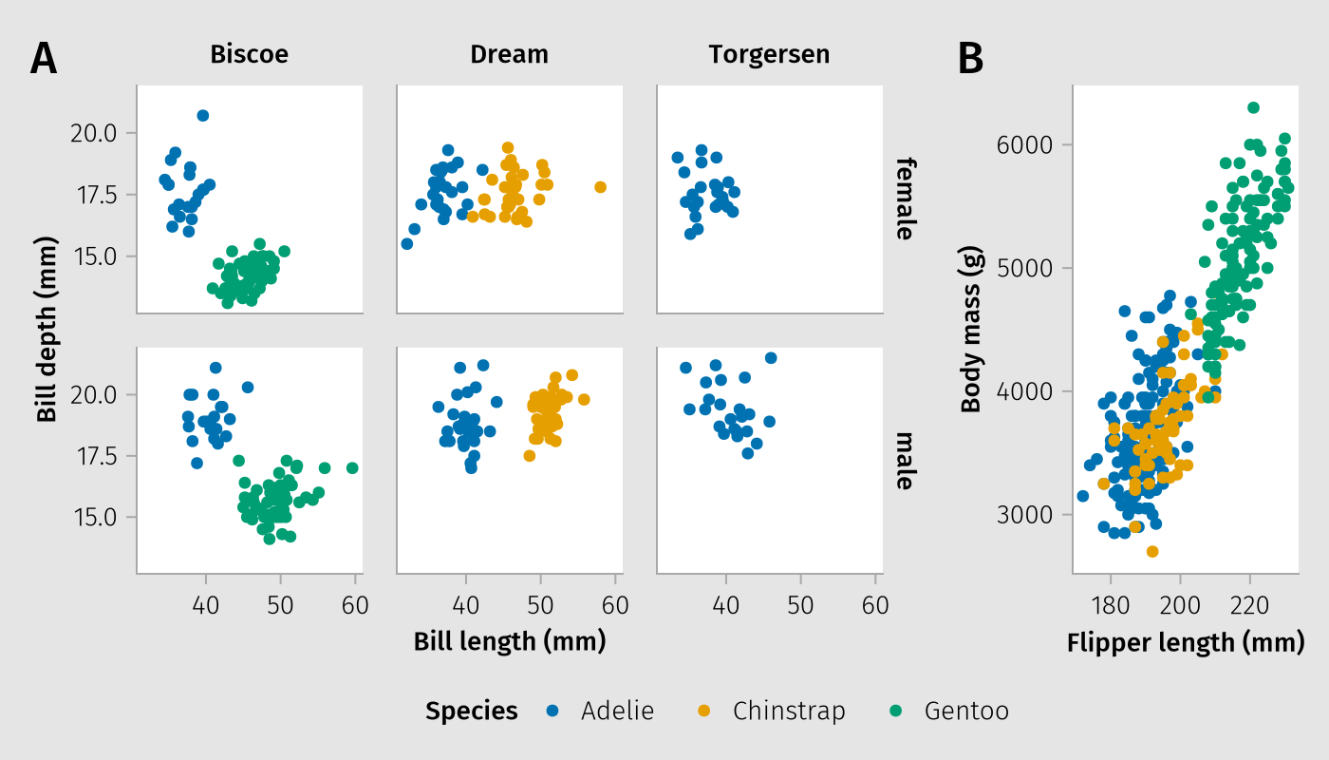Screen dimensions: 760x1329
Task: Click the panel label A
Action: pos(44,59)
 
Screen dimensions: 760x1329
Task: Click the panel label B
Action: pos(970,59)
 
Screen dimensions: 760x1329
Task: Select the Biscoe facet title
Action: pos(249,55)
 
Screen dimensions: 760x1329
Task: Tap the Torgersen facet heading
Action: pos(769,55)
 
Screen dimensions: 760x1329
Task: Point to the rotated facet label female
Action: pos(905,199)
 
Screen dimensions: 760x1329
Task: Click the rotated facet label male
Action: pos(905,461)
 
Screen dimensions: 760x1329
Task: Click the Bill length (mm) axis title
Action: pos(510,642)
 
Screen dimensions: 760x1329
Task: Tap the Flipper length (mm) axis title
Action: pos(1186,643)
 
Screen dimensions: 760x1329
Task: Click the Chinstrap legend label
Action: pos(789,711)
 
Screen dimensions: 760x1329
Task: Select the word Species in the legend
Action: pos(472,711)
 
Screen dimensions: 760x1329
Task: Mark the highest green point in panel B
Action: pos(1253,107)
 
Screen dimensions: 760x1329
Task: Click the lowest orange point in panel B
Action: pos(1152,551)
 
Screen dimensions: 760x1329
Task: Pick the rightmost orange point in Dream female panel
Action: pos(600,187)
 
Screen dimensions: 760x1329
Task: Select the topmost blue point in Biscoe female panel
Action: pos(202,116)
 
